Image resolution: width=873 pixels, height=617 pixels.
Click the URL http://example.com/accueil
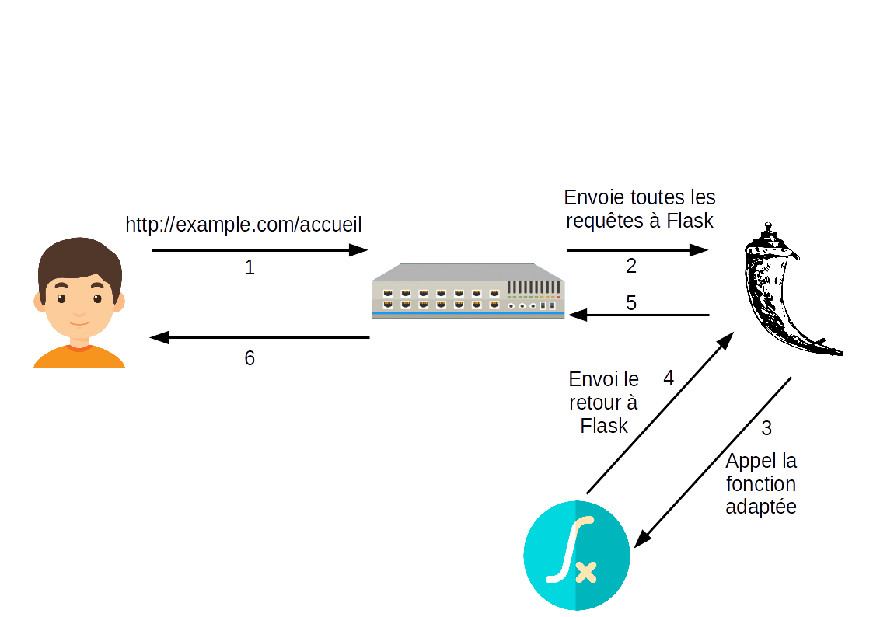pos(243,225)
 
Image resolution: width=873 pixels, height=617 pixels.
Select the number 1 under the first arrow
pos(250,268)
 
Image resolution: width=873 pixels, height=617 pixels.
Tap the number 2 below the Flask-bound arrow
pos(631,266)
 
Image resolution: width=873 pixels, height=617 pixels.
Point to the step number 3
pos(766,428)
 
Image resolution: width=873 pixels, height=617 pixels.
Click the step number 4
pos(669,378)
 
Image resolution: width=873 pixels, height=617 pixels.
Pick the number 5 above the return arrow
pos(631,303)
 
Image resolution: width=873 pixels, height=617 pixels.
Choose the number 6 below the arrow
pos(250,358)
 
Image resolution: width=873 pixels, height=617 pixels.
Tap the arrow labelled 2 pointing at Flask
pos(637,250)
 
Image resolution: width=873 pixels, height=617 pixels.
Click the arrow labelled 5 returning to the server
pos(637,315)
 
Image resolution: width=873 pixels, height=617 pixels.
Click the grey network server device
pos(468,291)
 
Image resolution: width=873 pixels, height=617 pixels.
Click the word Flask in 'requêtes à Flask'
pos(690,221)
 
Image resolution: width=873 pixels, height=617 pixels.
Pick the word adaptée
pos(761,507)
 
